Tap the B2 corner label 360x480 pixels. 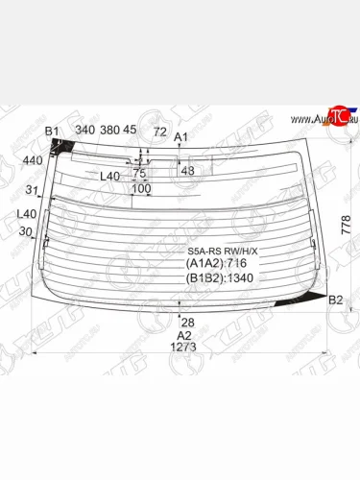(x=336, y=300)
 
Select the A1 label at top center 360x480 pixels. (x=180, y=137)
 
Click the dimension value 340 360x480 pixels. (x=84, y=130)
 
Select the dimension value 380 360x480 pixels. (x=111, y=130)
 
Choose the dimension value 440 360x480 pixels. (x=33, y=160)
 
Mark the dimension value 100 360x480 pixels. (x=141, y=189)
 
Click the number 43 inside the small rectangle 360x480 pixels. (x=187, y=171)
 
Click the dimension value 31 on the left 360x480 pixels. (x=33, y=188)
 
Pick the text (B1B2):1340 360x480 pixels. (x=222, y=278)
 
